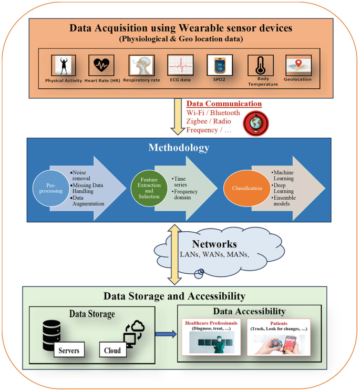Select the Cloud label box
[112, 350]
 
